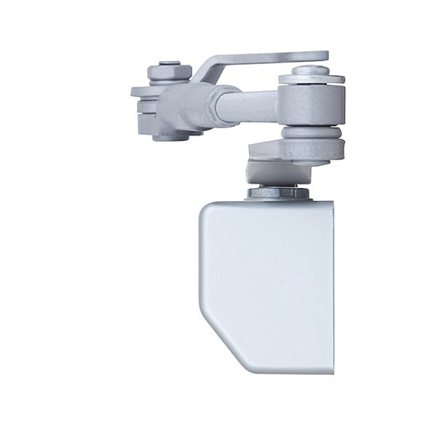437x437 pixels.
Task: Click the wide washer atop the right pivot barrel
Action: tap(310, 81)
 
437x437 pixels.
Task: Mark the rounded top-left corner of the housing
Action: tap(208, 210)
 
